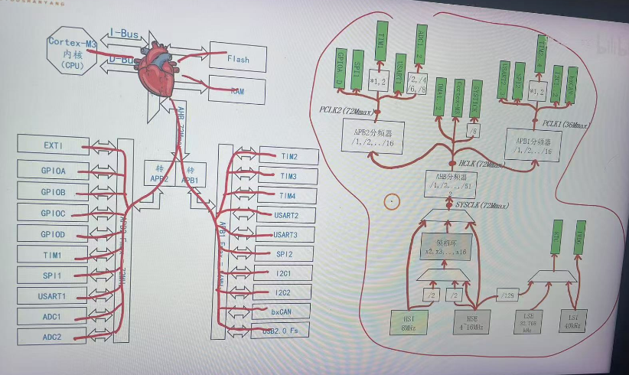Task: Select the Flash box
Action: [238, 58]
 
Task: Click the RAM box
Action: [237, 91]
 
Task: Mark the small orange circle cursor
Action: [392, 202]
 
